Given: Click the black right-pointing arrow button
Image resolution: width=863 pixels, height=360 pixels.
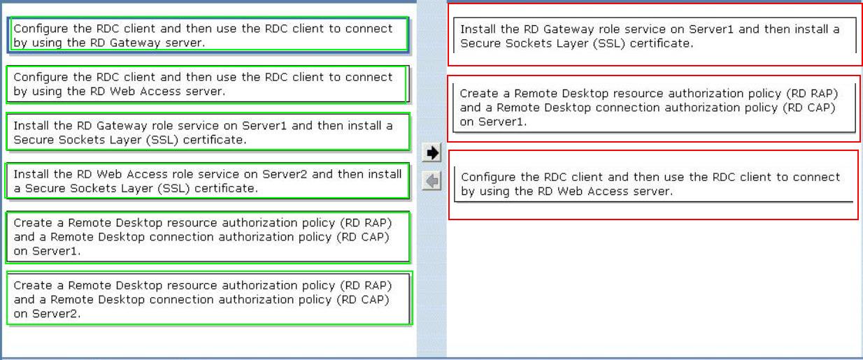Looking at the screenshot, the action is coord(431,153).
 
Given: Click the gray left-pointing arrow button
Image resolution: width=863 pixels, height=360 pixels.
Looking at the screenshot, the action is coord(431,180).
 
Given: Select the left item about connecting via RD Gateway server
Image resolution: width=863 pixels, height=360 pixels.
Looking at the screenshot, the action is coord(208,35).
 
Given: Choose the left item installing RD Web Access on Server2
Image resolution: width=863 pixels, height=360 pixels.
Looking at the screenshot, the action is coord(208,181).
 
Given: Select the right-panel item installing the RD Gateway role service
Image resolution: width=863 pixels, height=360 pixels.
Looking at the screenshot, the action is coord(655,36).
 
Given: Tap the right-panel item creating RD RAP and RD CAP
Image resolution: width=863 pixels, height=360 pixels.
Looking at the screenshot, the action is coord(654,108).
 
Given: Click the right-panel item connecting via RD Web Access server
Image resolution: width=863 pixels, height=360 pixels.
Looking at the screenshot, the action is coord(654,184).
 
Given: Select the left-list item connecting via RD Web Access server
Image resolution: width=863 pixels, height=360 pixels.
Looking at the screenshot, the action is coord(207,85).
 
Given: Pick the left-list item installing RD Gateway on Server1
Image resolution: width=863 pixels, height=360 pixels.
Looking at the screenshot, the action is coord(208,132).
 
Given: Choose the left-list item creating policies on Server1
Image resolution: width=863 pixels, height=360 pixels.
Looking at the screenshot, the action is coord(208,237).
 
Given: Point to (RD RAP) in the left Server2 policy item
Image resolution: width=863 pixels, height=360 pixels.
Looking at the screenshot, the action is coord(366,286).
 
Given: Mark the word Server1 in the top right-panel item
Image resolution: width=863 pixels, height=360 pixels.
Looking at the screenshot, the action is coord(711,29).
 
